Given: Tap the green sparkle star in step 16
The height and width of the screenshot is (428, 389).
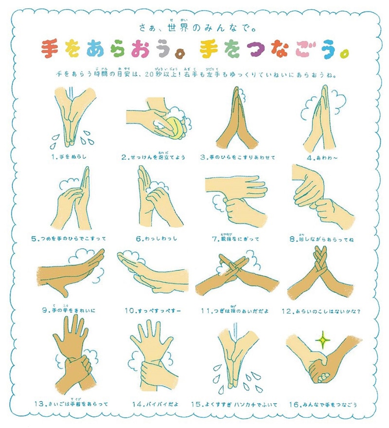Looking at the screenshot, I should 321,341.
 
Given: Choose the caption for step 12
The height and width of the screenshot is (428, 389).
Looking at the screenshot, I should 327,310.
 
